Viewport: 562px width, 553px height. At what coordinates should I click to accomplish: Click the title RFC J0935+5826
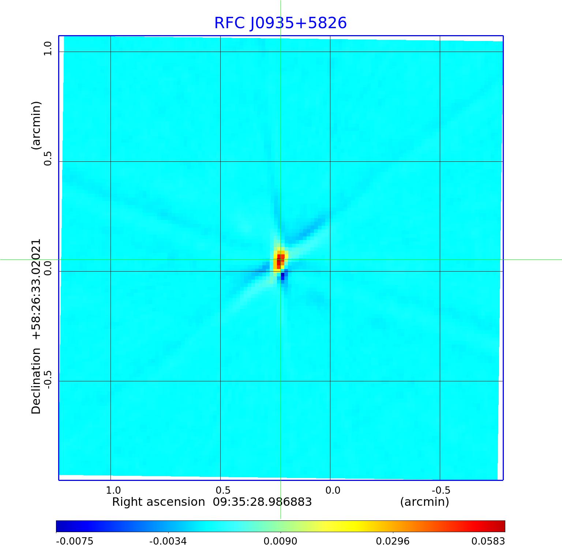pyautogui.click(x=280, y=23)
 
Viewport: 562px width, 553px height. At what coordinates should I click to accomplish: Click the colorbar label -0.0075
pyautogui.click(x=75, y=541)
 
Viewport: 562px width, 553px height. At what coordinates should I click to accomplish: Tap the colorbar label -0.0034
pyautogui.click(x=168, y=541)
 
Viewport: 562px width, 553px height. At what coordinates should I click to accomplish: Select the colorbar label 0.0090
pyautogui.click(x=281, y=541)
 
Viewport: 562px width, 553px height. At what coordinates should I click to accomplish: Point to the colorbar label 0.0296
pyautogui.click(x=393, y=541)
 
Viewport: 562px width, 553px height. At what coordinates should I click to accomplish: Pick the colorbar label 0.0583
pyautogui.click(x=488, y=541)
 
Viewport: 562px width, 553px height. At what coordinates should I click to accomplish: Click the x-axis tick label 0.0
pyautogui.click(x=333, y=490)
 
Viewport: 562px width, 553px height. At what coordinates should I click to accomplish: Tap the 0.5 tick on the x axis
pyautogui.click(x=223, y=490)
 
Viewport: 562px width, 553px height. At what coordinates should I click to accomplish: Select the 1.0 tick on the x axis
pyautogui.click(x=113, y=490)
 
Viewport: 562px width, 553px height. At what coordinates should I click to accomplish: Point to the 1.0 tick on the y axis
pyautogui.click(x=48, y=49)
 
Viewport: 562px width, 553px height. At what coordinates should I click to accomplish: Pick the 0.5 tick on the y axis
pyautogui.click(x=48, y=158)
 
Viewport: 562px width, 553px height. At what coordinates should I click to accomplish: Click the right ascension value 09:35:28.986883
pyautogui.click(x=262, y=502)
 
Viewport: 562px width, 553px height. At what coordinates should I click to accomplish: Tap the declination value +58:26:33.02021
pyautogui.click(x=36, y=289)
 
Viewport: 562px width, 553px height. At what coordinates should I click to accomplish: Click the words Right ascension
pyautogui.click(x=158, y=502)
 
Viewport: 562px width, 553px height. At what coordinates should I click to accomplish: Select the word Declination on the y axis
pyautogui.click(x=36, y=381)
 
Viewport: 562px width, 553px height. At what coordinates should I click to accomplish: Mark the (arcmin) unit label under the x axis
pyautogui.click(x=424, y=502)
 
